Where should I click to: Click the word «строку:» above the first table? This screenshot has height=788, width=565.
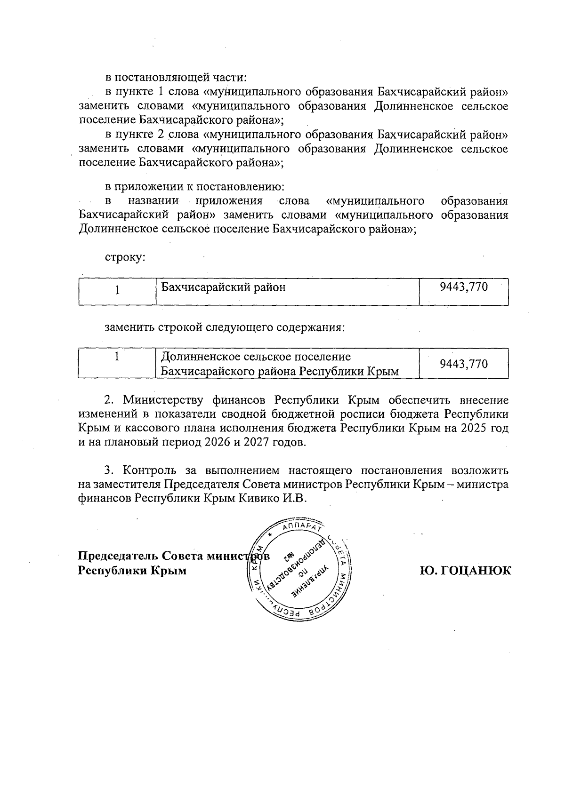[x=124, y=258]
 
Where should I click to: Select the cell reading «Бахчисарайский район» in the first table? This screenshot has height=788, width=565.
[x=224, y=287]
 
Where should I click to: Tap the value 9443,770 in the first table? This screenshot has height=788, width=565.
[x=463, y=287]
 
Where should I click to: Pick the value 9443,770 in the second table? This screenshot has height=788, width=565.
[x=463, y=364]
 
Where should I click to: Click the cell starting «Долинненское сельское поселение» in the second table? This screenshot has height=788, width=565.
[x=280, y=364]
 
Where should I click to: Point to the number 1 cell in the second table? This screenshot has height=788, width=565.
[x=117, y=357]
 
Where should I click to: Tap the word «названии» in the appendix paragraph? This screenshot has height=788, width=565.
[x=154, y=201]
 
